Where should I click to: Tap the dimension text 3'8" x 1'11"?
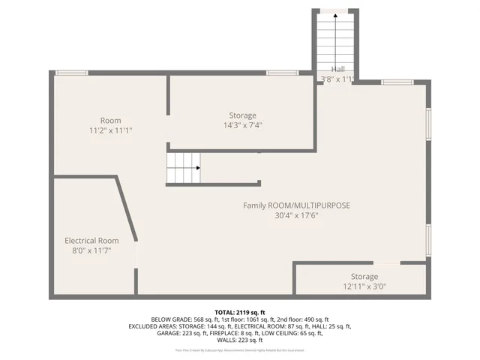pos(337,79)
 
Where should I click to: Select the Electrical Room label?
pos(91,241)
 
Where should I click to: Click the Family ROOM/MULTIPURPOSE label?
pos(296,205)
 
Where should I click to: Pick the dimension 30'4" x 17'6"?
pos(296,215)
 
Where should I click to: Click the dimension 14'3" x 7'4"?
pos(242,125)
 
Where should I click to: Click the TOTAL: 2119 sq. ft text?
pos(240,312)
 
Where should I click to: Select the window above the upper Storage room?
pos(282,73)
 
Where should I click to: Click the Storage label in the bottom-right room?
pos(364,277)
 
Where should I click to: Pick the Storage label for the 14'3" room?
pos(242,115)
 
